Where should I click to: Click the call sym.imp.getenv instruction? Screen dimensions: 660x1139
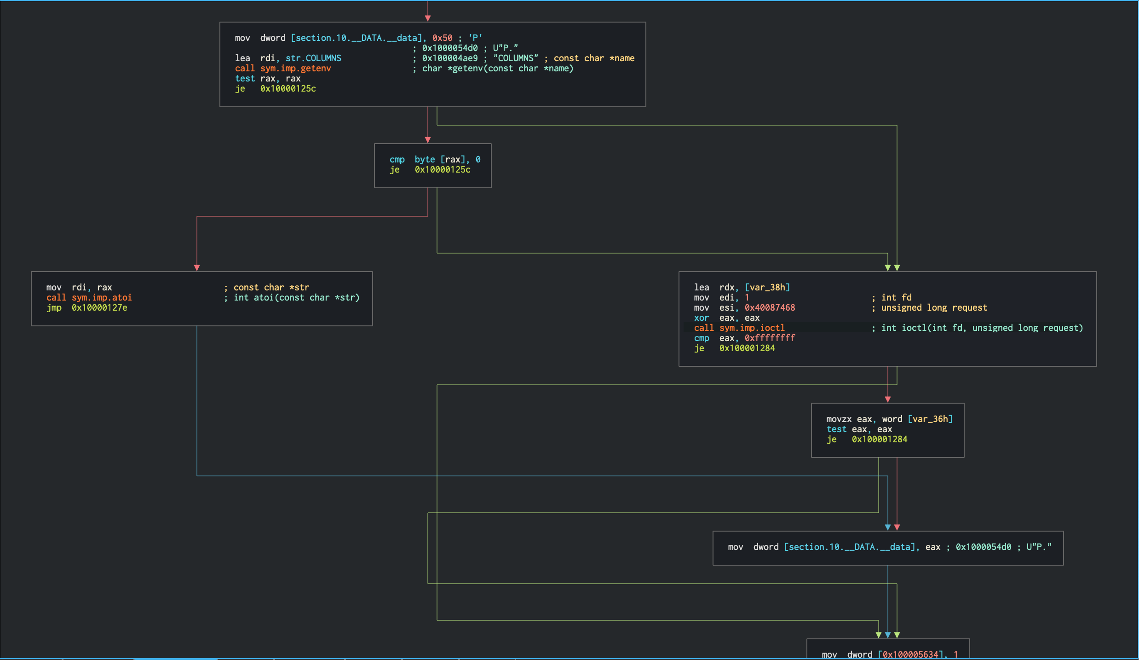(x=283, y=69)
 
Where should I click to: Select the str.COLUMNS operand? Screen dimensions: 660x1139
(x=313, y=58)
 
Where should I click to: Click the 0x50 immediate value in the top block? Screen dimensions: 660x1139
(x=442, y=38)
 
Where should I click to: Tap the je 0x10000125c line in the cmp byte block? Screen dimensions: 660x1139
(x=430, y=170)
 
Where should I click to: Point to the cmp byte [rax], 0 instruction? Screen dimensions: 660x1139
(x=435, y=160)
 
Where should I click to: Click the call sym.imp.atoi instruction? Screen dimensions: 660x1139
(x=89, y=298)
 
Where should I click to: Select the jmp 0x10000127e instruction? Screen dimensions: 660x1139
(x=86, y=308)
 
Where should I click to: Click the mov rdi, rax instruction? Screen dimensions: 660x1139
(x=79, y=288)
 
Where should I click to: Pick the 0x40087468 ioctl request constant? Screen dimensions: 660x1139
(x=770, y=308)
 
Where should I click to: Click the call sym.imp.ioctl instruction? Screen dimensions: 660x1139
(x=739, y=328)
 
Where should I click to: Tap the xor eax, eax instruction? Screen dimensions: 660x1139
(x=726, y=318)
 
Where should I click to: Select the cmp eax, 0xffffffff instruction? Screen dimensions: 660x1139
(x=744, y=338)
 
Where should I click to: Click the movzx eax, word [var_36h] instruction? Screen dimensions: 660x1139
(x=889, y=419)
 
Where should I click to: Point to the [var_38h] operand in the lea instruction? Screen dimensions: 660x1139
(x=767, y=288)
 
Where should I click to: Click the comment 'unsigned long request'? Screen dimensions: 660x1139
(x=934, y=308)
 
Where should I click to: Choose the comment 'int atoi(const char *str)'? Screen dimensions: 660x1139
(x=296, y=298)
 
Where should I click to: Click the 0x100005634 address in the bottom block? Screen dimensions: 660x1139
(x=910, y=654)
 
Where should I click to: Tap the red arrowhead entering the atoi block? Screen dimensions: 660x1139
(x=197, y=268)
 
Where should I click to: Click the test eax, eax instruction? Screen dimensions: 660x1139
(x=859, y=429)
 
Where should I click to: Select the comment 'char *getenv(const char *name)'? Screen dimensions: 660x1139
(x=497, y=69)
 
